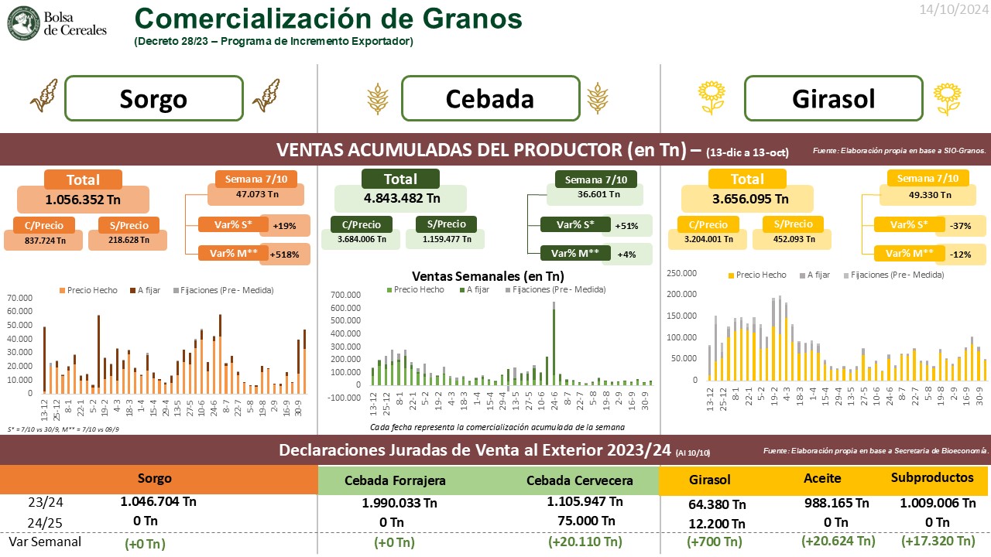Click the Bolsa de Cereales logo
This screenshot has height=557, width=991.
point(56,23)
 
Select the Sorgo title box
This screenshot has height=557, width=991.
point(153,98)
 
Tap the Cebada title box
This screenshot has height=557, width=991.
point(490,98)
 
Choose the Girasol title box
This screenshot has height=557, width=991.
point(833,98)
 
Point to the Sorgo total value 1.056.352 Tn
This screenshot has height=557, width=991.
point(83,199)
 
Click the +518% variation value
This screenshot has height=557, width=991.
point(284,254)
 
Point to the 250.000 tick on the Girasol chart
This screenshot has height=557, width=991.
point(683,273)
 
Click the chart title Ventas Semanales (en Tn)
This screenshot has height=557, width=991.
point(488,275)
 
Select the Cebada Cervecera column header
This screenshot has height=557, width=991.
point(580,480)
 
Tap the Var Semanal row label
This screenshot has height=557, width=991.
point(45,542)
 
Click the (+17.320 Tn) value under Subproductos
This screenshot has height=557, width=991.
point(938,541)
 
